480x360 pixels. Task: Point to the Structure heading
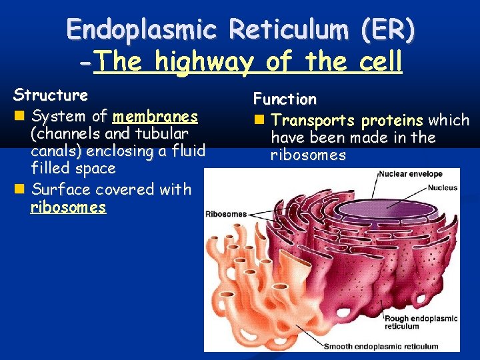coord(51,94)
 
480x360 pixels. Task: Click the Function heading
coord(285,99)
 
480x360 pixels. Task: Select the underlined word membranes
coord(155,117)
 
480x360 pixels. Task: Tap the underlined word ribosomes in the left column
coord(68,207)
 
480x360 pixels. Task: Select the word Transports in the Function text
coord(313,121)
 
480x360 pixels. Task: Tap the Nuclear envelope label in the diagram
coord(411,174)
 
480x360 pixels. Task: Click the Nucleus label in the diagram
coord(443,187)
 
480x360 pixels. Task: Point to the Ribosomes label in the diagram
coord(225,214)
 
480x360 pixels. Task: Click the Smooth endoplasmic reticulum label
coord(381,346)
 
